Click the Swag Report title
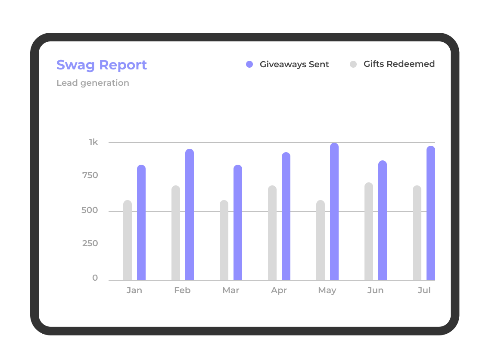click(x=102, y=65)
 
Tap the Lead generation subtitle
click(x=93, y=83)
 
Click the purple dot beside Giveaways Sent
click(x=249, y=64)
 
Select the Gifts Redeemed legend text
click(x=399, y=64)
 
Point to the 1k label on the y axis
click(x=93, y=142)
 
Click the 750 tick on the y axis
click(x=90, y=175)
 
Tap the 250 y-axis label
click(x=90, y=244)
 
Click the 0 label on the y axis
click(x=95, y=278)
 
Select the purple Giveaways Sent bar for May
click(x=334, y=211)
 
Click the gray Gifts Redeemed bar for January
click(x=128, y=240)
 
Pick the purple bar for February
click(x=190, y=214)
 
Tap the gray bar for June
click(x=369, y=232)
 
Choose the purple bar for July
click(x=431, y=213)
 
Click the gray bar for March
click(x=224, y=240)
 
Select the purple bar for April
click(x=286, y=216)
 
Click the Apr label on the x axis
click(x=279, y=291)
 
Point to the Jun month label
click(x=375, y=291)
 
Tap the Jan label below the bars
click(x=134, y=291)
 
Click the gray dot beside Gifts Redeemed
click(x=353, y=64)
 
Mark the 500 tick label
click(x=90, y=210)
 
